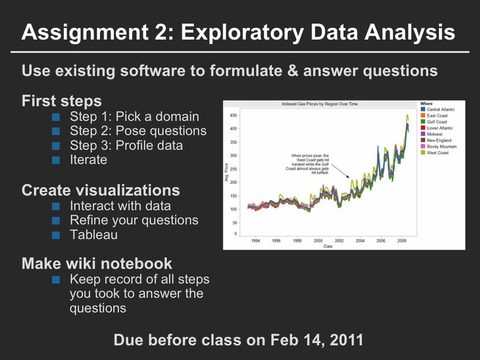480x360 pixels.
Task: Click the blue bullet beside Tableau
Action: pyautogui.click(x=56, y=235)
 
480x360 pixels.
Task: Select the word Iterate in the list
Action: pyautogui.click(x=88, y=160)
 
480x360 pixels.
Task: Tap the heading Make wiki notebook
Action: pyautogui.click(x=97, y=263)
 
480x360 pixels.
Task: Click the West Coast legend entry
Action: pyautogui.click(x=438, y=153)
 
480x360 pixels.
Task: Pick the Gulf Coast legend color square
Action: pyautogui.click(x=423, y=122)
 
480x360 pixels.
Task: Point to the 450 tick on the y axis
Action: pyautogui.click(x=233, y=115)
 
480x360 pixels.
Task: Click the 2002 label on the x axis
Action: pyautogui.click(x=339, y=241)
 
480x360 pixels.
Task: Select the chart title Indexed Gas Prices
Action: pyautogui.click(x=319, y=104)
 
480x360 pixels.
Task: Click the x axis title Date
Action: pyautogui.click(x=328, y=246)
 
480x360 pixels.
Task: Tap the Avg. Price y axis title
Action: pyautogui.click(x=226, y=172)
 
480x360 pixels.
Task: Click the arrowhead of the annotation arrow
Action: pyautogui.click(x=348, y=176)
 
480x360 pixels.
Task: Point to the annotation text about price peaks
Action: pyautogui.click(x=308, y=164)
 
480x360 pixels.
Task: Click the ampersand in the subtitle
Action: pyautogui.click(x=293, y=70)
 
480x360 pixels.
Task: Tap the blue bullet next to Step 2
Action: pyautogui.click(x=56, y=131)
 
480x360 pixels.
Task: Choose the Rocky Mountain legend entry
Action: pyautogui.click(x=441, y=146)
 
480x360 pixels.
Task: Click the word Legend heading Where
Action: pyautogui.click(x=427, y=104)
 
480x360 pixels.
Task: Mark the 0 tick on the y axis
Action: pyautogui.click(x=235, y=234)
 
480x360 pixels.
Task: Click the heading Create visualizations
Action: pyautogui.click(x=101, y=190)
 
